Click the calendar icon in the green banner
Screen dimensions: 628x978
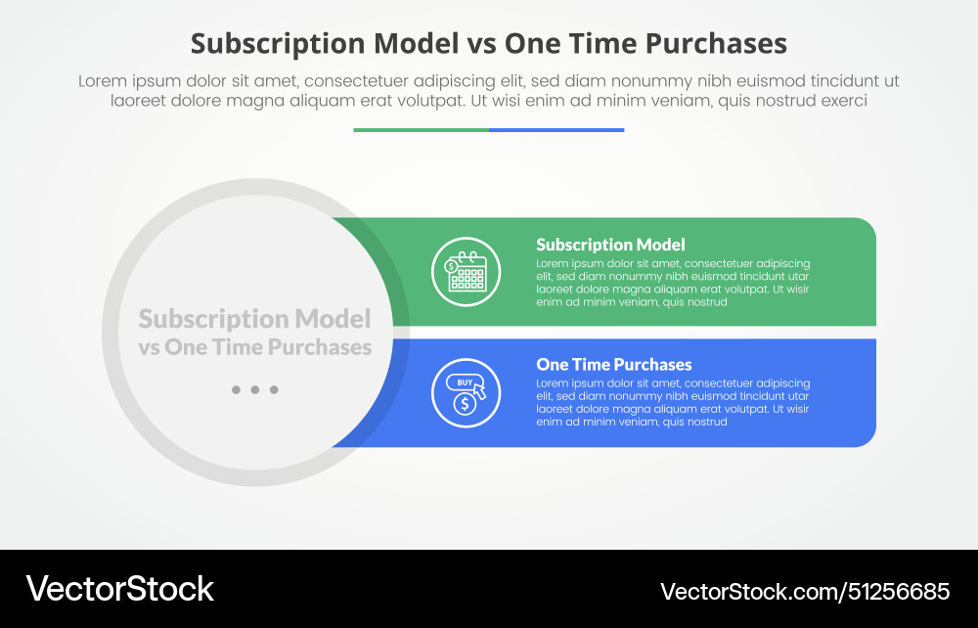pos(466,272)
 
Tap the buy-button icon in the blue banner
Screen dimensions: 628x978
pos(466,392)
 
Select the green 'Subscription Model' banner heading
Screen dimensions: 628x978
pos(610,245)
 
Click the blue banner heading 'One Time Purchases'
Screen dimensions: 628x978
pos(613,365)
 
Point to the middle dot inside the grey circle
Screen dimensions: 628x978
pos(254,389)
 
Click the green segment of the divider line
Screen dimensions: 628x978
pos(421,129)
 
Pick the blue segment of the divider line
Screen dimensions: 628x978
pos(556,129)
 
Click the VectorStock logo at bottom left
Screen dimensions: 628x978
pos(119,588)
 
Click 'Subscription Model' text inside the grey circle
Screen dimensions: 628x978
pos(254,319)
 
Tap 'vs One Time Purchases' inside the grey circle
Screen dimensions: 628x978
pos(254,347)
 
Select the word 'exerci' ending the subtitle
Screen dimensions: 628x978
pos(842,101)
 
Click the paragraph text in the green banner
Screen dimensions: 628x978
pos(673,283)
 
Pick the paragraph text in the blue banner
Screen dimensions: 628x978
pos(673,402)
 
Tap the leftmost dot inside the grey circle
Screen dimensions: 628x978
pos(236,389)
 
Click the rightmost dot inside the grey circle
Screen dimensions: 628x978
pos(274,389)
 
